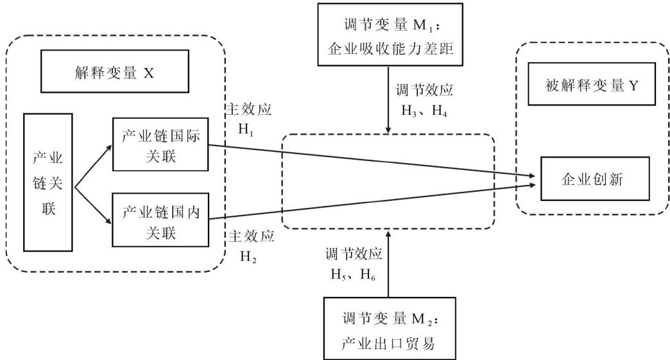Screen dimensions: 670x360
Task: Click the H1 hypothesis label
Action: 246,129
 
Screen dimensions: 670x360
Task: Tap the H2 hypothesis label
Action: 249,257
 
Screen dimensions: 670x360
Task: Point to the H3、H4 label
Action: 424,111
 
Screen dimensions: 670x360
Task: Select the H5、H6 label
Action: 354,274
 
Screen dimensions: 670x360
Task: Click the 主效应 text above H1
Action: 249,110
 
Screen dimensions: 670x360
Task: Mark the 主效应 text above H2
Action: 252,236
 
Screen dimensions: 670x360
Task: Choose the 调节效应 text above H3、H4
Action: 424,90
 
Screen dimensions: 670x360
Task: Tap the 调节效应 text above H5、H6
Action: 354,253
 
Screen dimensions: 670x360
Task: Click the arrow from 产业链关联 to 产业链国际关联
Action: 93,167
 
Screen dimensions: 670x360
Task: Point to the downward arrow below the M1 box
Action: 388,100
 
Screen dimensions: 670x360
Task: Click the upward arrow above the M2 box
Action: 388,264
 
